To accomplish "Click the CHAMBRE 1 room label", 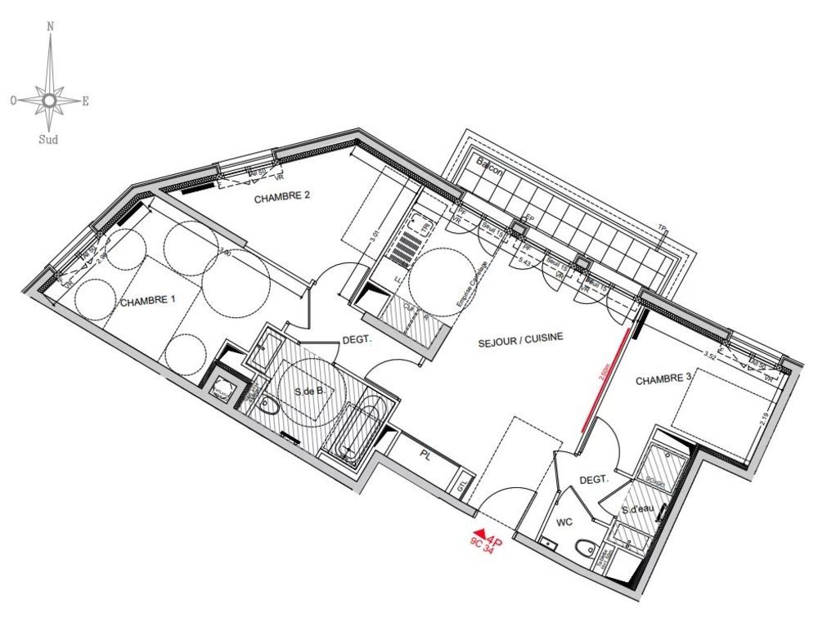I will tap(148, 302).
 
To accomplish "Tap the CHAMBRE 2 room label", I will tap(281, 198).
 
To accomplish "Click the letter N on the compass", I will tap(51, 26).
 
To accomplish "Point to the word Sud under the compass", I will tap(48, 139).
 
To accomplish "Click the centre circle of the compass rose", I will tap(49, 100).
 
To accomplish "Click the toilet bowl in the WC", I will tap(585, 547).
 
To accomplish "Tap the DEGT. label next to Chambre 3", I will tap(595, 481).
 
